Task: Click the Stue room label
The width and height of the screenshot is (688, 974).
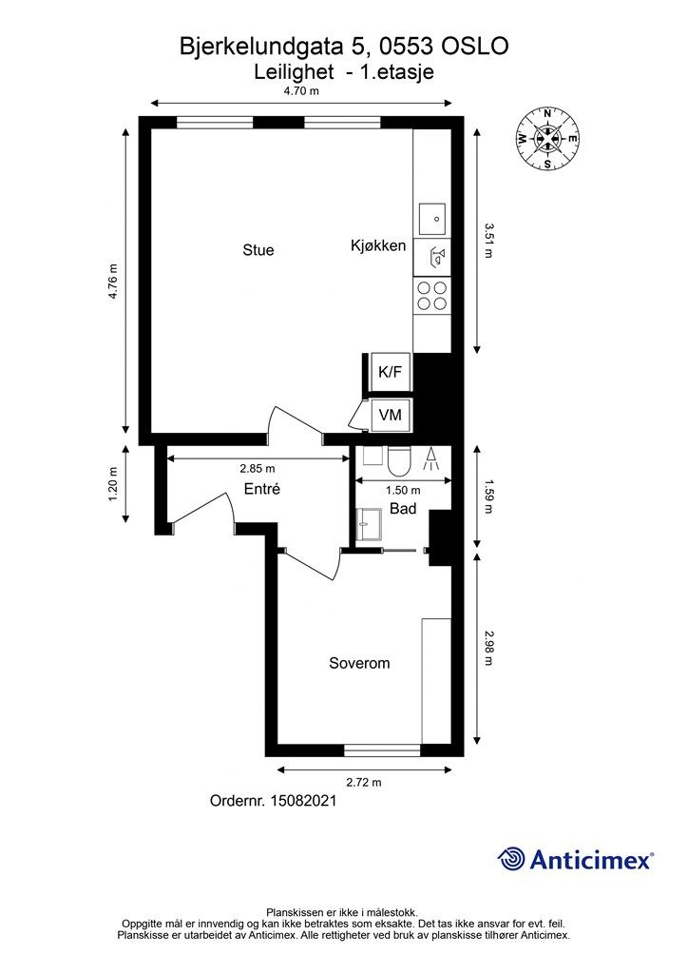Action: click(x=258, y=250)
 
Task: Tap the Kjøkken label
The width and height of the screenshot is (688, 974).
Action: click(x=378, y=245)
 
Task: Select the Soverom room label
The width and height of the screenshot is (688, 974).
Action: click(x=359, y=663)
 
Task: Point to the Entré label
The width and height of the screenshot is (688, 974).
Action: click(x=261, y=489)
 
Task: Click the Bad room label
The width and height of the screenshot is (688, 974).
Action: click(x=403, y=509)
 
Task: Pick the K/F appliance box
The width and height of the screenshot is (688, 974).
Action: click(x=391, y=372)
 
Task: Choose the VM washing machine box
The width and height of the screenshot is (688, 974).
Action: click(x=391, y=415)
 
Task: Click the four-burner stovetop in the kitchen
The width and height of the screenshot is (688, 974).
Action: click(x=431, y=296)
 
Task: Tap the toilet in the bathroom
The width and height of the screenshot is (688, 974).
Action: click(x=397, y=460)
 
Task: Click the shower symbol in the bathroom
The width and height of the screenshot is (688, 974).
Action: click(x=431, y=459)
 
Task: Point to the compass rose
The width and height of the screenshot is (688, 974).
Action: click(x=547, y=139)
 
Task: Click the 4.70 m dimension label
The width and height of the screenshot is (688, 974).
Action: click(x=301, y=91)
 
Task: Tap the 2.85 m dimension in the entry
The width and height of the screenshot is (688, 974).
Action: click(x=258, y=468)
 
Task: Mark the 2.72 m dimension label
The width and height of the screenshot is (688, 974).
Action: click(x=364, y=782)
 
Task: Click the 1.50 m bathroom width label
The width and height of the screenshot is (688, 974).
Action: click(x=403, y=491)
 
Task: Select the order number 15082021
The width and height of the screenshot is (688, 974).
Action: click(x=303, y=801)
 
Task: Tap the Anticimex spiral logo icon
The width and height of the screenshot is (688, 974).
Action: click(x=511, y=860)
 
